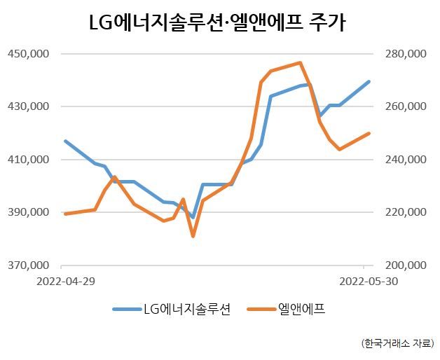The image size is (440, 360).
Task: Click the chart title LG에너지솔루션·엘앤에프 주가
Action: (x=217, y=22)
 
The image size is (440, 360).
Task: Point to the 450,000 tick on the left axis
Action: (x=28, y=53)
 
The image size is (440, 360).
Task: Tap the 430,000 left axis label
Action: (x=28, y=106)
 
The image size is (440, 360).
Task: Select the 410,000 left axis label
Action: (x=28, y=160)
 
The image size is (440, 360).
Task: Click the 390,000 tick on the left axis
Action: (x=28, y=212)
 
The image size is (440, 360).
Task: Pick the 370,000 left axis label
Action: (x=28, y=265)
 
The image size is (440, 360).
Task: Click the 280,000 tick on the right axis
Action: (x=406, y=53)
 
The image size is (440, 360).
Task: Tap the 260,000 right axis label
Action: (x=406, y=106)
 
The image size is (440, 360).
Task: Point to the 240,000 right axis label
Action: (x=406, y=160)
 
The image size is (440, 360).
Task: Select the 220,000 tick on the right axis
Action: (x=406, y=212)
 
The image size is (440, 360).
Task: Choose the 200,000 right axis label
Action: (x=406, y=265)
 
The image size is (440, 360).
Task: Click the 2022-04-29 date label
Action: (x=66, y=281)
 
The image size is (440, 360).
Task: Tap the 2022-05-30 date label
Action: (x=369, y=281)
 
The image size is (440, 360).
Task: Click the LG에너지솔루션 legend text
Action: (x=187, y=309)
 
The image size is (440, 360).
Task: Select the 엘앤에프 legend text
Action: (x=301, y=309)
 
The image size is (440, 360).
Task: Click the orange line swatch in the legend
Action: (x=261, y=309)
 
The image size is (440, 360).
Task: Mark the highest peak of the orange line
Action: (x=300, y=62)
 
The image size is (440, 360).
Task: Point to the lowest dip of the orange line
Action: (x=193, y=236)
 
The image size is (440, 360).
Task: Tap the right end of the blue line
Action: (x=369, y=82)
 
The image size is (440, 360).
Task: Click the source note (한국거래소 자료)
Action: (x=398, y=343)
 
